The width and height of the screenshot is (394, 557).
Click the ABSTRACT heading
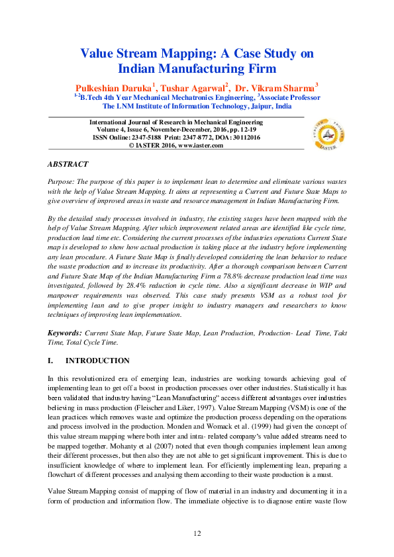point(68,163)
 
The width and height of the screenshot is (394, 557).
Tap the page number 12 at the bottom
point(197,533)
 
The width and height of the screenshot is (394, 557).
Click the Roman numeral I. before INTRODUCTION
point(51,361)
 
